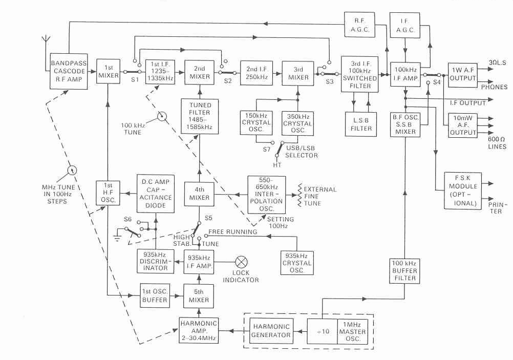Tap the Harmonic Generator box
pos(271,330)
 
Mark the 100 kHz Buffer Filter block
pos(404,270)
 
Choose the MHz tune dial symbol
pos(72,169)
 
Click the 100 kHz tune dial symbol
pos(162,117)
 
